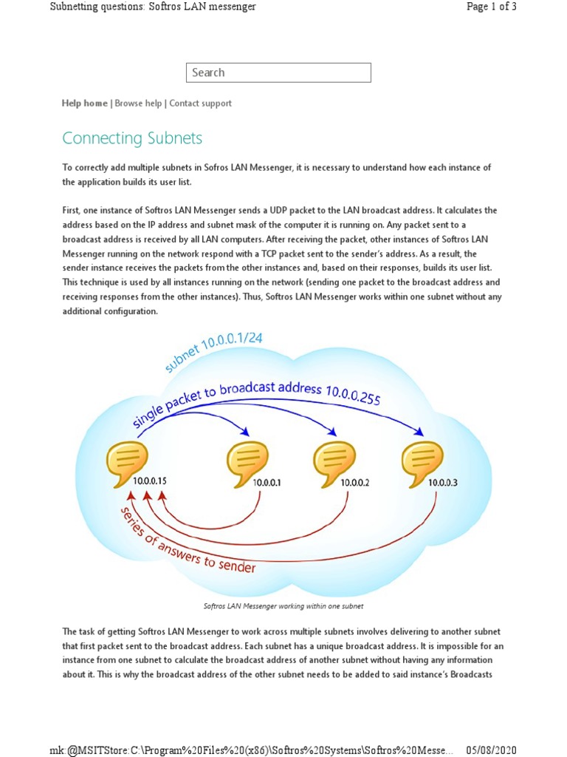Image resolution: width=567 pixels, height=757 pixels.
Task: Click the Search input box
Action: pos(278,72)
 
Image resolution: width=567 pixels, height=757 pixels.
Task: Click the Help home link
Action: pos(84,103)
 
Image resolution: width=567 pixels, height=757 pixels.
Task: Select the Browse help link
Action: pos(138,103)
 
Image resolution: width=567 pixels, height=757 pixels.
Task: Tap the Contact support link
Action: pos(200,103)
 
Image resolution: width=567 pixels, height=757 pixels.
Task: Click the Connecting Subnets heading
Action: pos(132,138)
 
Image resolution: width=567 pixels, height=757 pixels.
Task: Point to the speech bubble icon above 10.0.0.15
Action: pos(127,463)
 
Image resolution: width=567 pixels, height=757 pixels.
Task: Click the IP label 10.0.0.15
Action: pos(150,481)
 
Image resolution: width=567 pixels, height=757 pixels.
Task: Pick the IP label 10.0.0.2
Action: pos(354,483)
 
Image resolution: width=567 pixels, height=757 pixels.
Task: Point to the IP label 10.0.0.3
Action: pos(443,483)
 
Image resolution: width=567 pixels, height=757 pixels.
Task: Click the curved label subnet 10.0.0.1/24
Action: pos(214,351)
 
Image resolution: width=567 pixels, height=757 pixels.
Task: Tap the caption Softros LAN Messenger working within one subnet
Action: pos(283,606)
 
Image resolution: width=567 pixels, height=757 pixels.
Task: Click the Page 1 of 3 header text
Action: pos(491,7)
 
